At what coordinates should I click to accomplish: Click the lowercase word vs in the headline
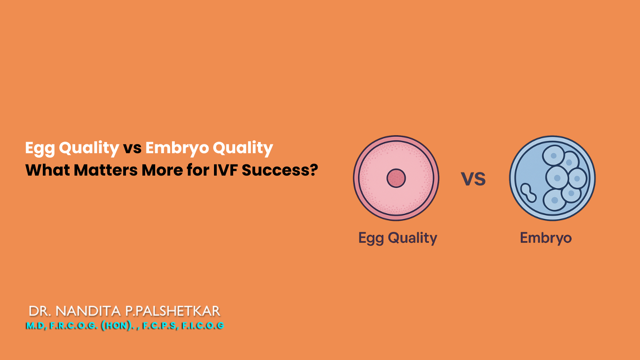pos(132,148)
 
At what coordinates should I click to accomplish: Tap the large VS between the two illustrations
pos(473,179)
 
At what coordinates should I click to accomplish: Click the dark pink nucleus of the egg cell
pos(396,178)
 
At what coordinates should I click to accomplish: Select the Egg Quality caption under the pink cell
pos(398,238)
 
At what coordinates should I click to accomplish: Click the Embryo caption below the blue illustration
pos(546,238)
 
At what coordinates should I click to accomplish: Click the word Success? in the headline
pos(280,170)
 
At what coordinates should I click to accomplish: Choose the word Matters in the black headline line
pos(106,170)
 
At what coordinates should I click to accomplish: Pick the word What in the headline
pos(48,170)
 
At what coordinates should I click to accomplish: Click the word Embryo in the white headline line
pos(177,148)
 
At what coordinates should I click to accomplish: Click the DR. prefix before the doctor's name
pos(40,311)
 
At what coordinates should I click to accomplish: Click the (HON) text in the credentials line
pos(117,326)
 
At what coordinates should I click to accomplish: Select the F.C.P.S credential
pos(160,326)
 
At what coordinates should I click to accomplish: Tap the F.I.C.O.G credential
pos(203,326)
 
